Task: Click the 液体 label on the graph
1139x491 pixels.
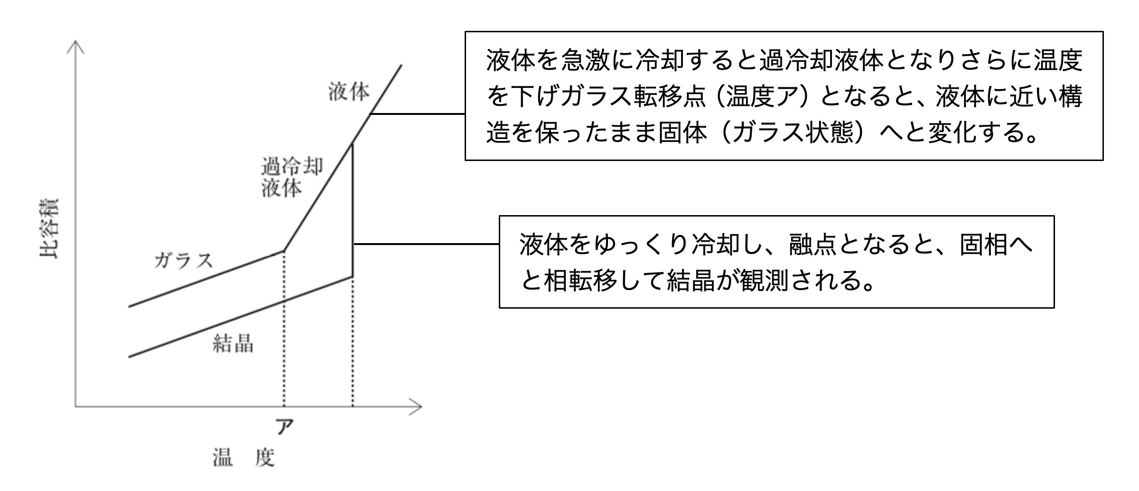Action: [x=348, y=92]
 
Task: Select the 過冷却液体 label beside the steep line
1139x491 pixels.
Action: [x=291, y=177]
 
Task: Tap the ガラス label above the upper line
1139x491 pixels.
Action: [x=183, y=261]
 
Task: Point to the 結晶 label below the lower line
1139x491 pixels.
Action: [x=233, y=343]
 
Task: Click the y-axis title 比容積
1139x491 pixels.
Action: [x=49, y=228]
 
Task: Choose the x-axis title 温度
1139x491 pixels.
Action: [x=243, y=458]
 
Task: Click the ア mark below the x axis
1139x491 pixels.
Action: [x=284, y=427]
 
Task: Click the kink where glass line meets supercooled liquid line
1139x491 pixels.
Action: [x=284, y=250]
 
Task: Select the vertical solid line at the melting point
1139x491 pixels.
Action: [x=353, y=209]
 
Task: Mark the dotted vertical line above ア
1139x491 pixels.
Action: [x=284, y=332]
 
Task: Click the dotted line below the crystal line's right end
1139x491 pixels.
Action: [x=353, y=342]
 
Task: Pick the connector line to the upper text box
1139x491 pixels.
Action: [x=418, y=114]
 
